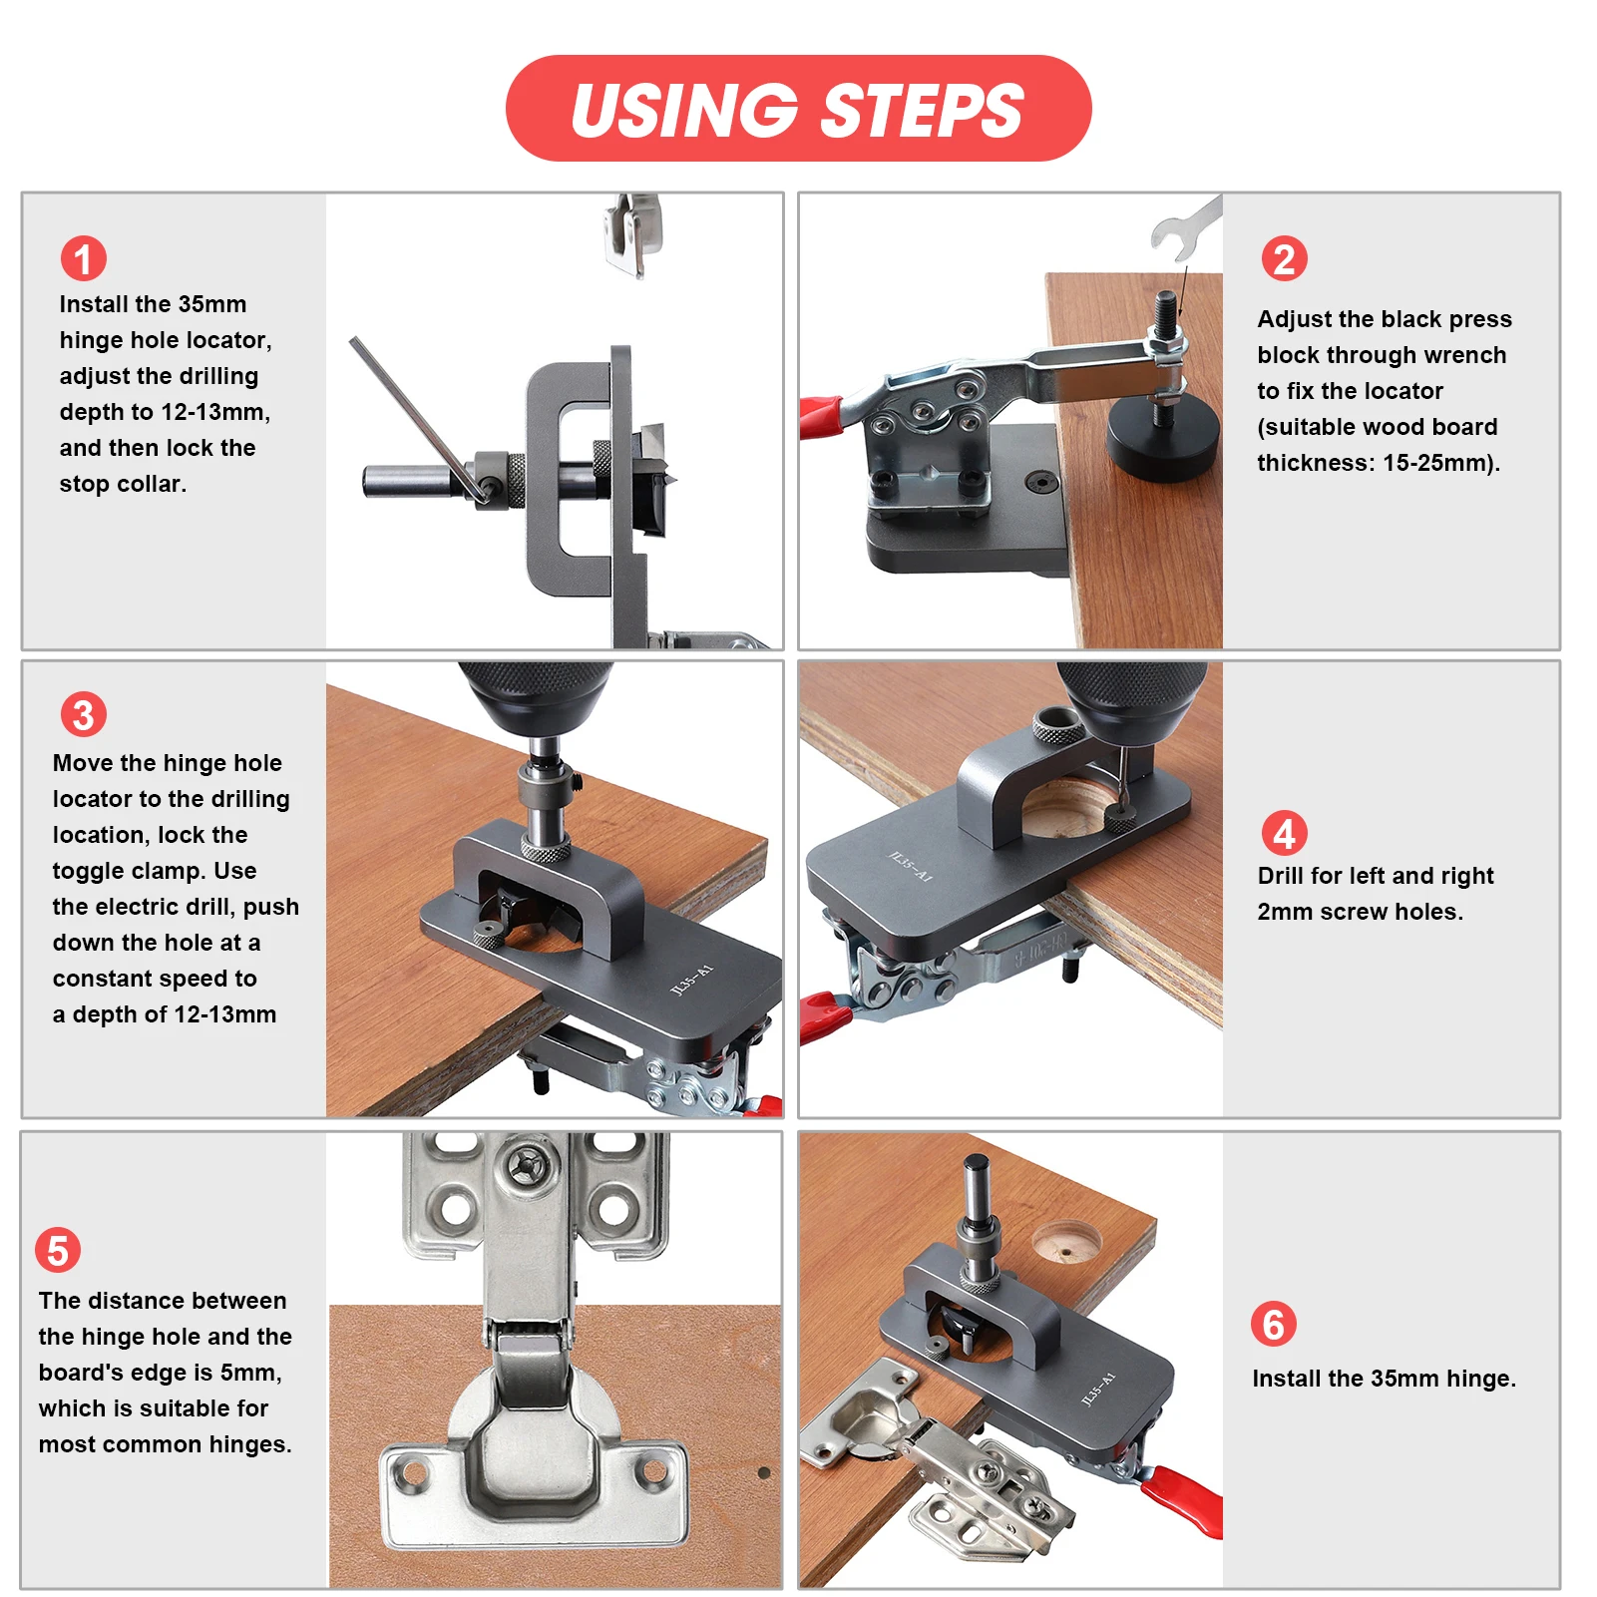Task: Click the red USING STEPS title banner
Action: (798, 108)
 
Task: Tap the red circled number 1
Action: (84, 258)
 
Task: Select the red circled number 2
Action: (1284, 259)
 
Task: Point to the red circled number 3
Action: (84, 714)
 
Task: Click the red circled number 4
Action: (1284, 833)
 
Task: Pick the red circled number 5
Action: (58, 1250)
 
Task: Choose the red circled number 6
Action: (1274, 1324)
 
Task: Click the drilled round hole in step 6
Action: (1066, 1243)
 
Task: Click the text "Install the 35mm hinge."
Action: (1384, 1379)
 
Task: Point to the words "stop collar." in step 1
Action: (123, 484)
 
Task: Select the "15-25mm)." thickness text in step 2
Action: (1441, 463)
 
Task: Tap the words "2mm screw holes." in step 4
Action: (1360, 912)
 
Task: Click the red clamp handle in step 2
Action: (822, 415)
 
